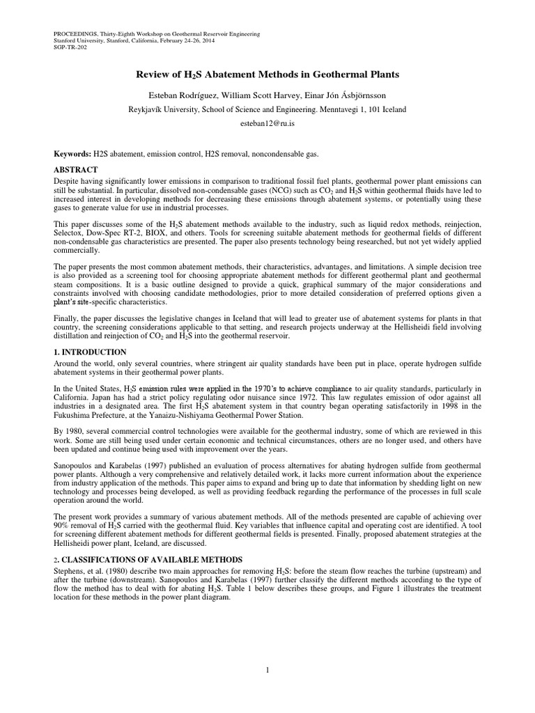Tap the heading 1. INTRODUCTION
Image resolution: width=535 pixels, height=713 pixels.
(x=91, y=352)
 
